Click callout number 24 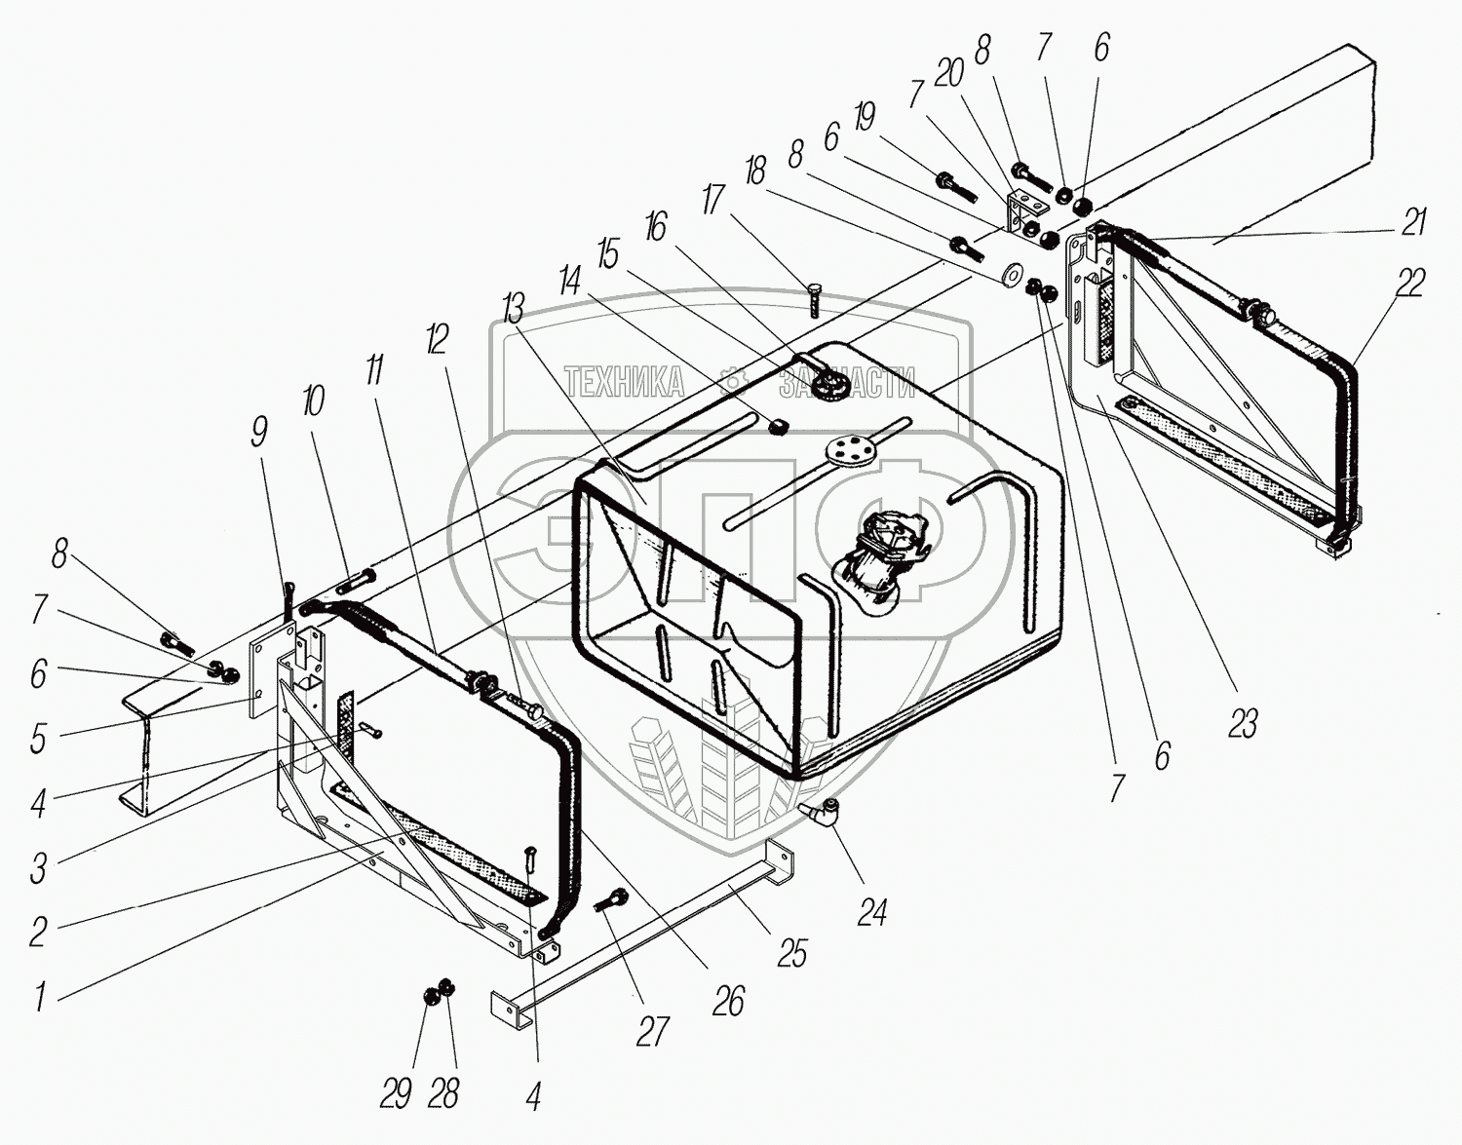pyautogui.click(x=871, y=913)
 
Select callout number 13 pyautogui.click(x=512, y=310)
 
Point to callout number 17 pyautogui.click(x=713, y=200)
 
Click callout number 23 pyautogui.click(x=1242, y=724)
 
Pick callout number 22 pyautogui.click(x=1409, y=284)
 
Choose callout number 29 pyautogui.click(x=395, y=1094)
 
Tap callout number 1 pyautogui.click(x=40, y=997)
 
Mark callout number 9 pyautogui.click(x=258, y=432)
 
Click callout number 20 pyautogui.click(x=948, y=72)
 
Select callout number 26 pyautogui.click(x=728, y=1002)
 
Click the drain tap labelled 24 pyautogui.click(x=821, y=813)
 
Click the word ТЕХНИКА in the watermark pyautogui.click(x=624, y=383)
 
